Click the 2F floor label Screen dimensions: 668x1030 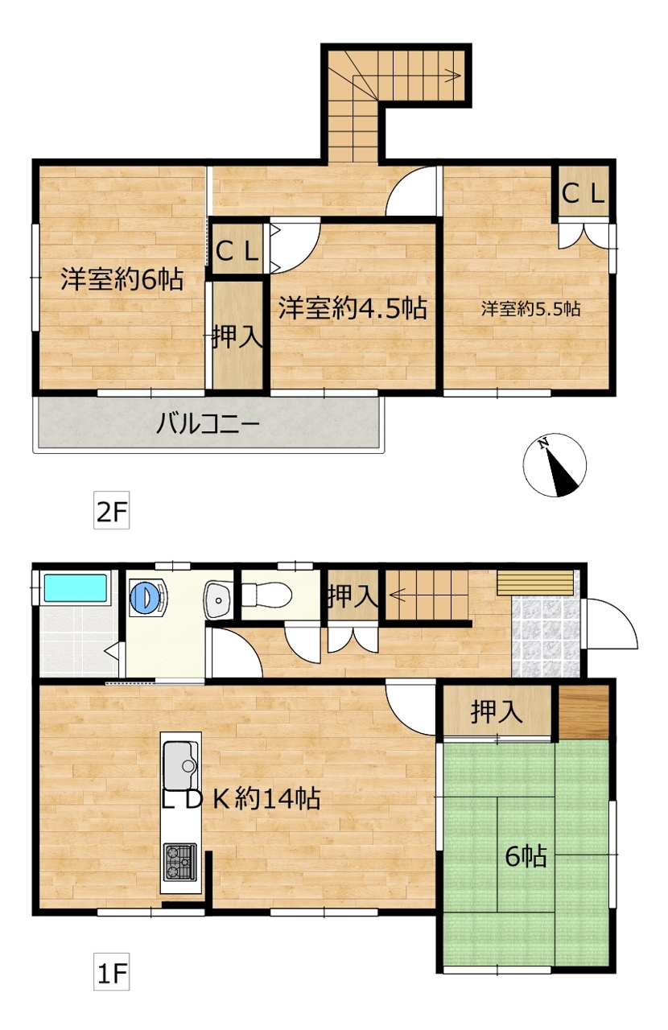click(111, 510)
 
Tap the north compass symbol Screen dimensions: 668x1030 click(555, 465)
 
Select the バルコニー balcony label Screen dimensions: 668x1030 click(208, 424)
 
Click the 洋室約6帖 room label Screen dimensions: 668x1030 click(122, 278)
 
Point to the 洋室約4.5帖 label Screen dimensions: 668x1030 click(353, 308)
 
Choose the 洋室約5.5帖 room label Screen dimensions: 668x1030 click(531, 308)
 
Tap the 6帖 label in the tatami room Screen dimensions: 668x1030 click(526, 857)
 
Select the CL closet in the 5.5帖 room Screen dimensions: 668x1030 click(583, 194)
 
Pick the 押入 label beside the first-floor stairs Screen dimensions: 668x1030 click(353, 595)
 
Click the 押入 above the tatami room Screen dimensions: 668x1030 click(497, 712)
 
